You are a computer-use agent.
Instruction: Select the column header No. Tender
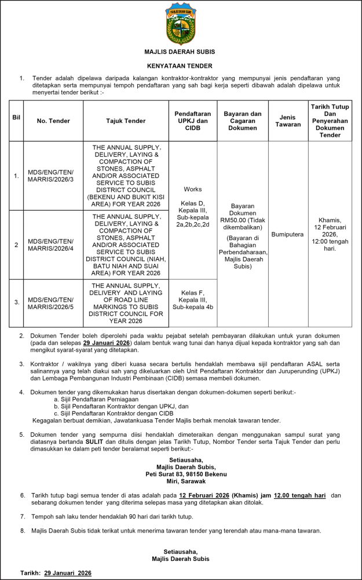[x=53, y=121]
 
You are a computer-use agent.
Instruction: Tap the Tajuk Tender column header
[x=126, y=121]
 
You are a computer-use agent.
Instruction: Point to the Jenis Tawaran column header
[x=288, y=121]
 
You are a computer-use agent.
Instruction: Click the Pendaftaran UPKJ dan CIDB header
[x=193, y=121]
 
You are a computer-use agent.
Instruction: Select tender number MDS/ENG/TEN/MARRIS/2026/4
[x=53, y=245]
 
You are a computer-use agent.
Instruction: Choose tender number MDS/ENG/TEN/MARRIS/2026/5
[x=53, y=302]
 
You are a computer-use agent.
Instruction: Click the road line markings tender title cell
[x=126, y=303]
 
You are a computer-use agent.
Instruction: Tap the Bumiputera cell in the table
[x=288, y=234]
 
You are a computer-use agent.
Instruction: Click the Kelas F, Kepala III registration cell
[x=193, y=300]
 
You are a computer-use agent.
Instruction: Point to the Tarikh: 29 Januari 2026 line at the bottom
[x=56, y=572]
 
